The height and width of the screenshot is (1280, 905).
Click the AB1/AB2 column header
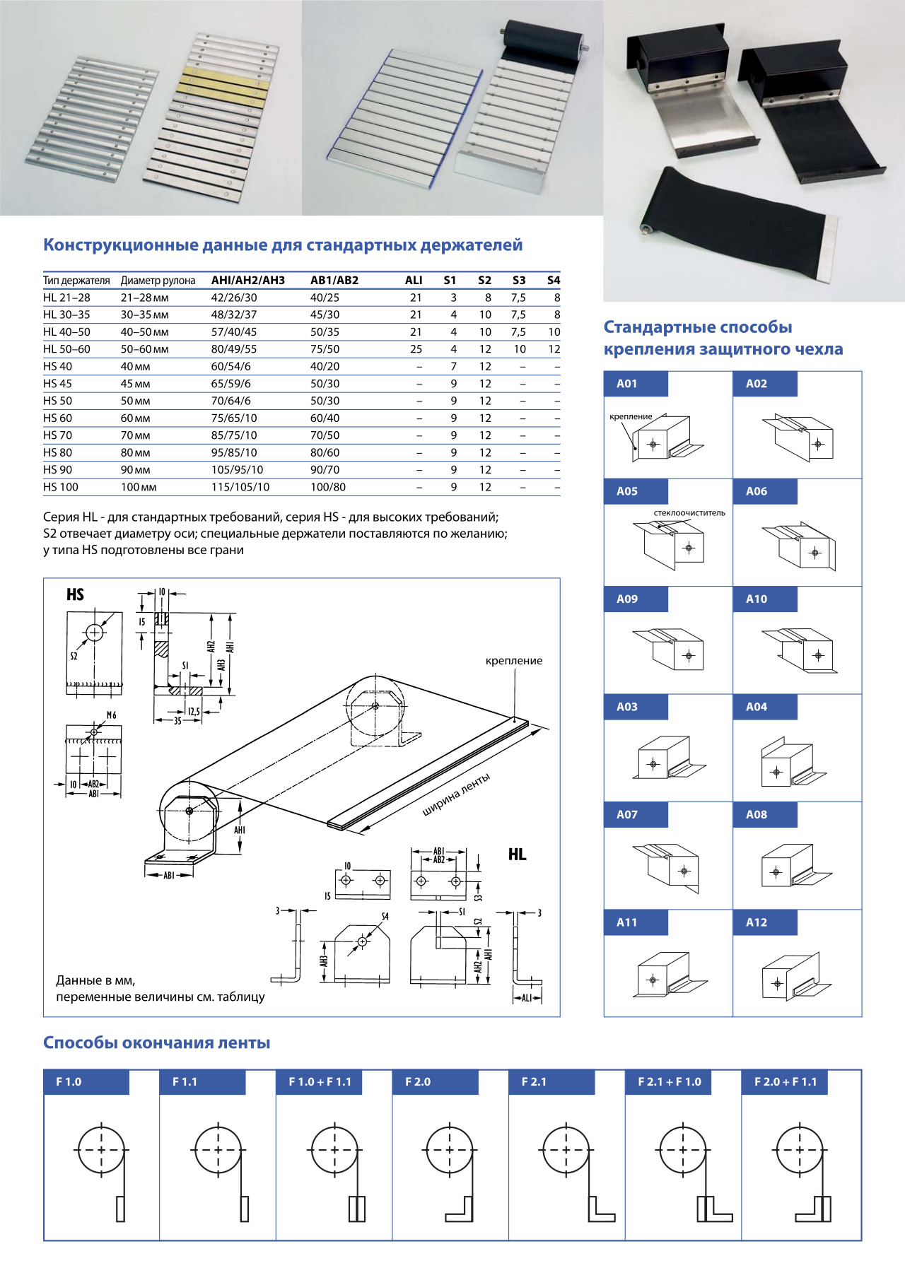tap(334, 280)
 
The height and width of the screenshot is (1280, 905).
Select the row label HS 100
tap(61, 487)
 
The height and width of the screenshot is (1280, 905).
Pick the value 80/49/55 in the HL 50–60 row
tap(234, 349)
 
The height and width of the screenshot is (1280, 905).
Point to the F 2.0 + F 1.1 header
tap(786, 1082)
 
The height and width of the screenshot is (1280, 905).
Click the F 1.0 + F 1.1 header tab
tap(320, 1082)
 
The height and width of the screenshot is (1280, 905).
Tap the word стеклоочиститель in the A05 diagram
tap(689, 513)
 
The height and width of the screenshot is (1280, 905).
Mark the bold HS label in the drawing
tap(75, 595)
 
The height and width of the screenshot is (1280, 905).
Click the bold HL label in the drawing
tap(517, 855)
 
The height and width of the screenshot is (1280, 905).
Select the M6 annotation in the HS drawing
tap(111, 715)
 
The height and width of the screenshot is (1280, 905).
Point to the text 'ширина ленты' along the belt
tap(456, 795)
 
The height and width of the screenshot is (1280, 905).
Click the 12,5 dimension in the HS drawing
tap(193, 712)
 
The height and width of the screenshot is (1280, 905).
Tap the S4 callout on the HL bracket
tap(385, 917)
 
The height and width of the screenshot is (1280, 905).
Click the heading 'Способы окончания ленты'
tap(157, 1043)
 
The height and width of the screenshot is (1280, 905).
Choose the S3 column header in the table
tap(519, 280)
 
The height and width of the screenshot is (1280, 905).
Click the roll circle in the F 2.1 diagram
tap(566, 1150)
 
